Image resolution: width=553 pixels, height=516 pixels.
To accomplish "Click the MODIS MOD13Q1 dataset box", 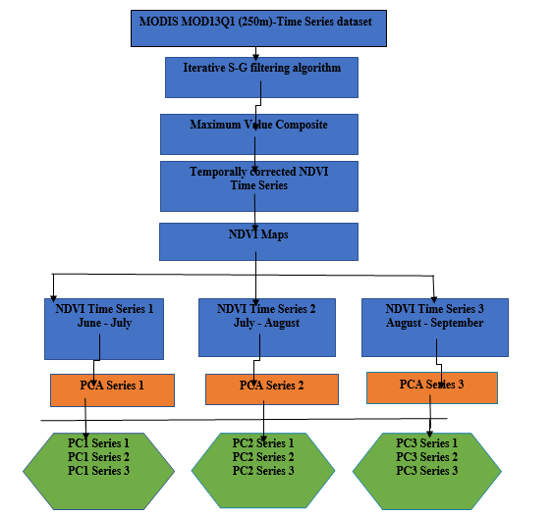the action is tap(258, 28).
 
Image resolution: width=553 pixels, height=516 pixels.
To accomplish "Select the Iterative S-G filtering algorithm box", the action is tap(261, 77).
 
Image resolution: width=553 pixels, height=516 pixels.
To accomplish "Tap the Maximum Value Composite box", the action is tap(259, 134).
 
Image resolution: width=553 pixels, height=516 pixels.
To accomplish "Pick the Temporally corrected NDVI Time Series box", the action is tap(259, 186).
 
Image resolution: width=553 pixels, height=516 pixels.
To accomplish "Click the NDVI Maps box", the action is tap(259, 241).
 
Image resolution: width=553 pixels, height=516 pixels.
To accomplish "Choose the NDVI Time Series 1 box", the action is tap(104, 329).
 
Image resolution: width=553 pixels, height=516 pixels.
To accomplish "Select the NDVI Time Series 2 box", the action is tap(267, 328).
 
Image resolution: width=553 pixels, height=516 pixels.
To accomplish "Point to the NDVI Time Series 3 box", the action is tap(435, 328).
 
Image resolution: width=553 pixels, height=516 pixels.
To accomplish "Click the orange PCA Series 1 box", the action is tap(112, 390).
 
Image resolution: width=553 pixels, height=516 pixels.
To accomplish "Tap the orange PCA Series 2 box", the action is tap(272, 389).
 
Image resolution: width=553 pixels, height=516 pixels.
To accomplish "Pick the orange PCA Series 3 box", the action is tap(432, 387).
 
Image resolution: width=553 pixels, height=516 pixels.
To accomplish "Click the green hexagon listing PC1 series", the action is tap(99, 471).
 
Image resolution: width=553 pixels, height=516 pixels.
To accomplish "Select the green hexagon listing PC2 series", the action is tap(263, 471).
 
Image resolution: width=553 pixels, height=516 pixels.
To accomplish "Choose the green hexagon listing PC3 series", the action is tap(427, 471).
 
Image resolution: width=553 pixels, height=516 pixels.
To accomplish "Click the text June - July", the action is tap(105, 323).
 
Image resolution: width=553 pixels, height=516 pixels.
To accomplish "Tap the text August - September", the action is tap(434, 323).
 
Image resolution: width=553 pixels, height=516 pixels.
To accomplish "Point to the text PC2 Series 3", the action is tap(263, 471).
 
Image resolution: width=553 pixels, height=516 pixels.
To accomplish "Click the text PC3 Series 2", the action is tap(426, 457).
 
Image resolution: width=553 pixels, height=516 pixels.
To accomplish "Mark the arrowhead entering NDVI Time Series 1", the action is tap(53, 298).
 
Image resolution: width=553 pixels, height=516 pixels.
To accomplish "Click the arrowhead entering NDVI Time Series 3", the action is tap(434, 300).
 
